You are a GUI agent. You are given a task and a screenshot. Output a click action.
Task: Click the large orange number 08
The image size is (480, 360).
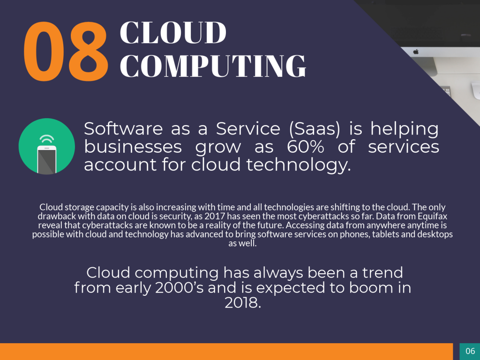[66, 52]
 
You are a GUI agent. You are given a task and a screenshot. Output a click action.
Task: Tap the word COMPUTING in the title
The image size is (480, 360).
[213, 66]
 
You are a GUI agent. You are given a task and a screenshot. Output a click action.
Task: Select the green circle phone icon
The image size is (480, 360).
[47, 146]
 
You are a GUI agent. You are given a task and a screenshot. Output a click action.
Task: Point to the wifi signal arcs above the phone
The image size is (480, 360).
[47, 139]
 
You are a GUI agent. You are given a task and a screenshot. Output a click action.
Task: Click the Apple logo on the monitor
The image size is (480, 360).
[416, 52]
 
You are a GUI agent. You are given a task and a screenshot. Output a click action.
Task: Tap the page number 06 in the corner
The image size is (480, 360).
[470, 351]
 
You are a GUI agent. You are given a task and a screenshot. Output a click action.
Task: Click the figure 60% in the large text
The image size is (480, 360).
[306, 147]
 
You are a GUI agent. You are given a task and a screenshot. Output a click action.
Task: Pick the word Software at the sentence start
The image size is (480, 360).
[123, 128]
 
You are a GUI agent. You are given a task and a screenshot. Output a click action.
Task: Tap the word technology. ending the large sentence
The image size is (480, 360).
[299, 165]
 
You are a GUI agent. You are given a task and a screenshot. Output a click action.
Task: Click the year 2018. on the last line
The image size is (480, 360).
[243, 303]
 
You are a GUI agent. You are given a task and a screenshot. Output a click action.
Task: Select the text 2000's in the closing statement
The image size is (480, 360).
[180, 288]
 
